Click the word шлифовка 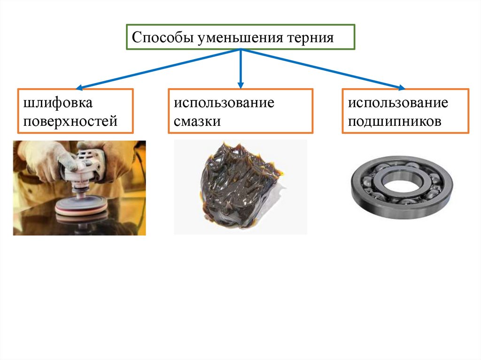(55, 103)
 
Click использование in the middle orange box (224, 103)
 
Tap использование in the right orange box (398, 103)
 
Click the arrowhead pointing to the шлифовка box (79, 87)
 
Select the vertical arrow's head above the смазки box (240, 85)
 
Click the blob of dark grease (235, 188)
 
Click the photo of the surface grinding (79, 188)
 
